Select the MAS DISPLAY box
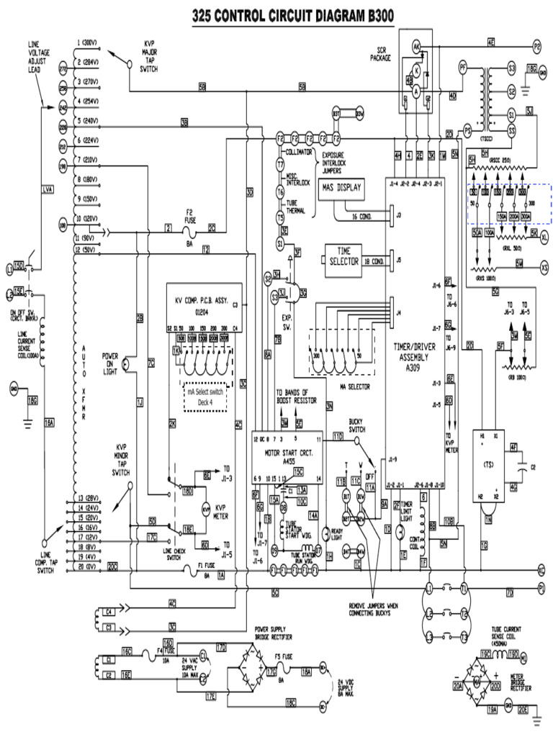pos(342,189)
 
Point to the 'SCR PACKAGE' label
pos(379,54)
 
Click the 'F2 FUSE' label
pos(190,215)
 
